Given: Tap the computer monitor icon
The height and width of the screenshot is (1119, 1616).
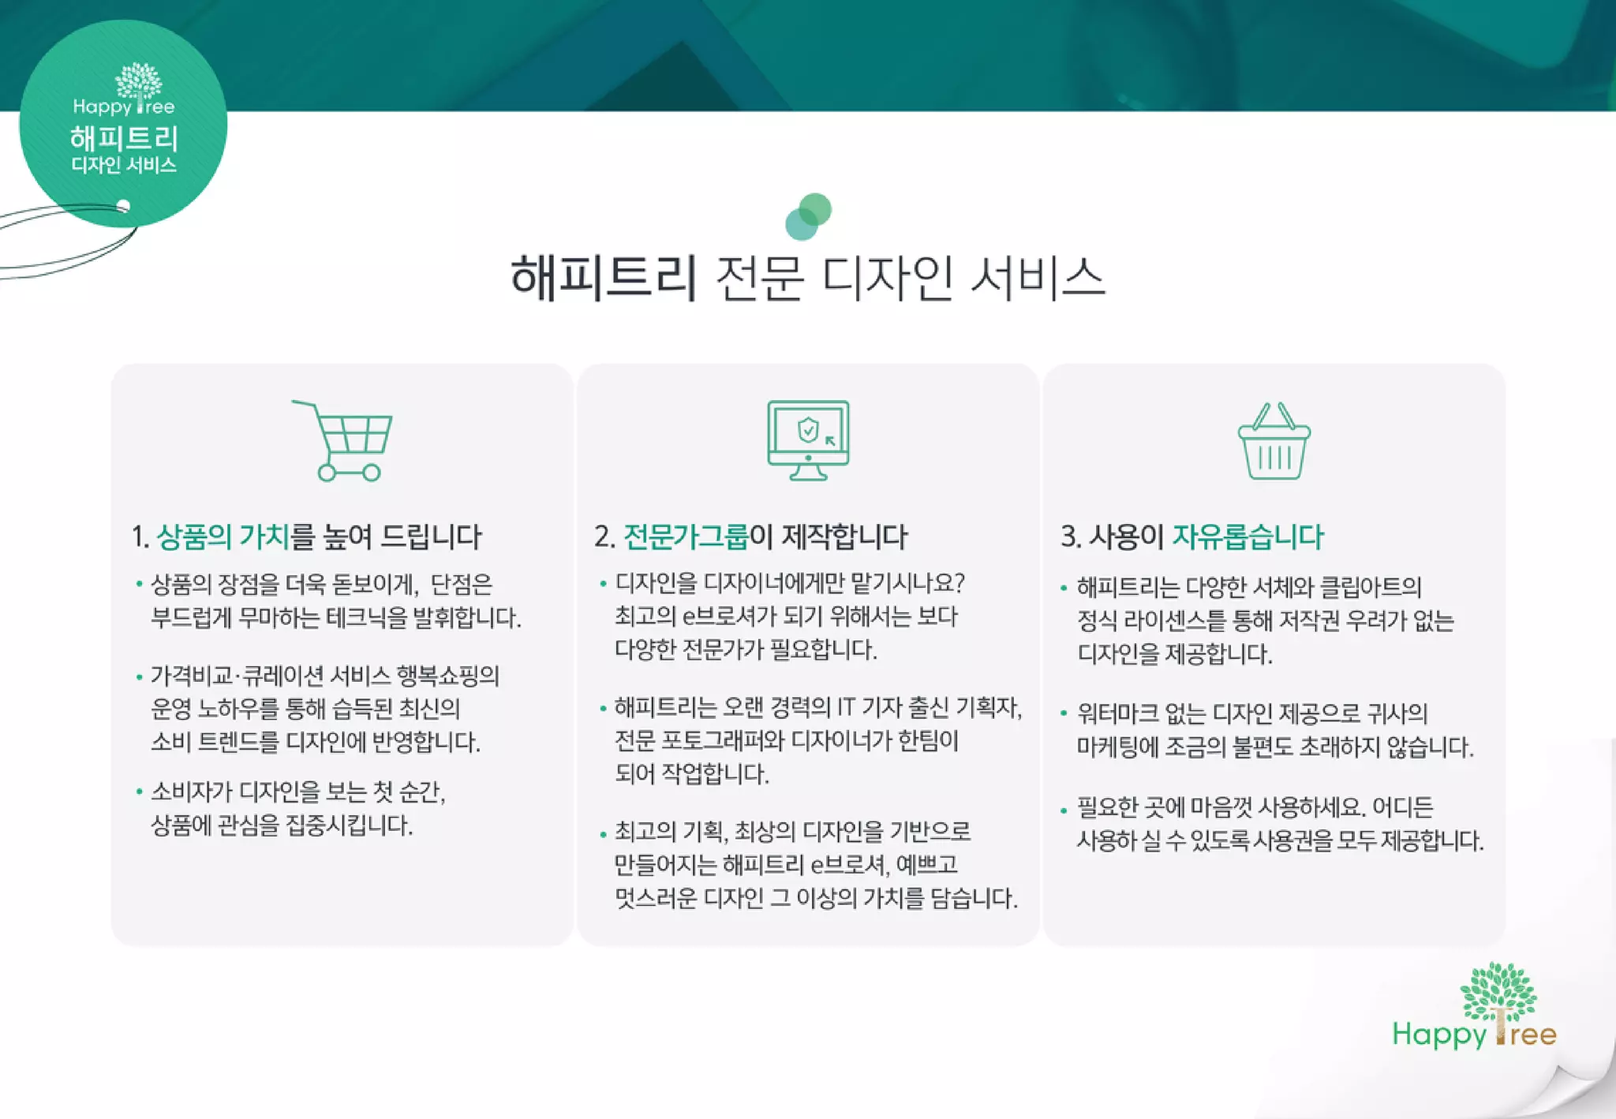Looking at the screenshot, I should tap(808, 439).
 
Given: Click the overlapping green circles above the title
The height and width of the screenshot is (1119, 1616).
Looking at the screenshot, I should tap(808, 216).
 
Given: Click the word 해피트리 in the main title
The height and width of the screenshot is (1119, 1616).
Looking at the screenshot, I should tap(604, 279).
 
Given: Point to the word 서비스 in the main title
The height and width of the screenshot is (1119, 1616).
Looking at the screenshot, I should tap(1037, 279).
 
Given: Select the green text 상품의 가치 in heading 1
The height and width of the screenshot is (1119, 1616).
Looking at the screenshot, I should tap(223, 537).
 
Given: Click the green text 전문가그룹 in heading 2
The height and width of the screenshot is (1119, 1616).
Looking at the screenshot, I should tap(685, 537).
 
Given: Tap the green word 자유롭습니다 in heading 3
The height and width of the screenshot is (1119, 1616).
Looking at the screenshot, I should tap(1248, 537).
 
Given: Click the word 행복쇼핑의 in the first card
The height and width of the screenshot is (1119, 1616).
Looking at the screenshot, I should tap(447, 676).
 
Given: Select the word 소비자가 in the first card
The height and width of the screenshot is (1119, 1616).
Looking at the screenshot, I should tap(192, 792).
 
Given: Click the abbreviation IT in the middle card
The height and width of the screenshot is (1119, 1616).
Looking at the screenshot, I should tap(846, 707).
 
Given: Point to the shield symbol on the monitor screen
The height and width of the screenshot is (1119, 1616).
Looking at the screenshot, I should tap(807, 430).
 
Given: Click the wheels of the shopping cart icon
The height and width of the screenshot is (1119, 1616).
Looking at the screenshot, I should tap(349, 473).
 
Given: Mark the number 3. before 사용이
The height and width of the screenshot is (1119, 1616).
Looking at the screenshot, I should tap(1070, 537).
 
